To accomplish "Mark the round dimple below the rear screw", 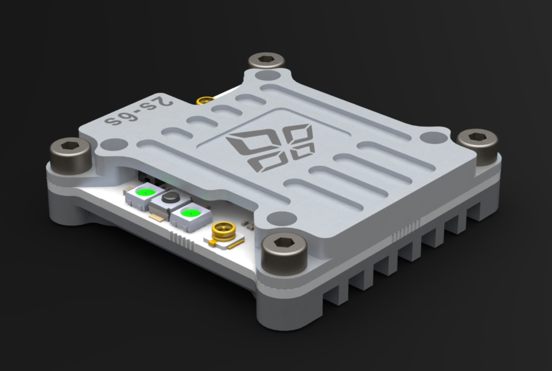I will (266, 76).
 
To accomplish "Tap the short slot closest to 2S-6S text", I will (198, 120).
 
